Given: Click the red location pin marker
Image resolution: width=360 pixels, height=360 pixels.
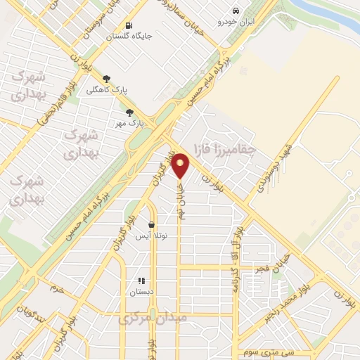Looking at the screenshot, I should (x=181, y=165).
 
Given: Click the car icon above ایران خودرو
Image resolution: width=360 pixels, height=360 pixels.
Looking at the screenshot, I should (x=236, y=11).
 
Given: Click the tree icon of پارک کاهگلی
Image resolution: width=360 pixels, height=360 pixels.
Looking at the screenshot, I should (x=106, y=79).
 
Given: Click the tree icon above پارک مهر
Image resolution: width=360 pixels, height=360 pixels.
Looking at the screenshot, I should (x=129, y=112).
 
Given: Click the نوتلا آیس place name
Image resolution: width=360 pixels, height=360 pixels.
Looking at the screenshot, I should (x=151, y=236).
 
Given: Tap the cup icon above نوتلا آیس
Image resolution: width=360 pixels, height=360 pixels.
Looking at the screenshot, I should (x=151, y=225).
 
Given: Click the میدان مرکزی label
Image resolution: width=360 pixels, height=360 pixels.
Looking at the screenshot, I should (x=153, y=318).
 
